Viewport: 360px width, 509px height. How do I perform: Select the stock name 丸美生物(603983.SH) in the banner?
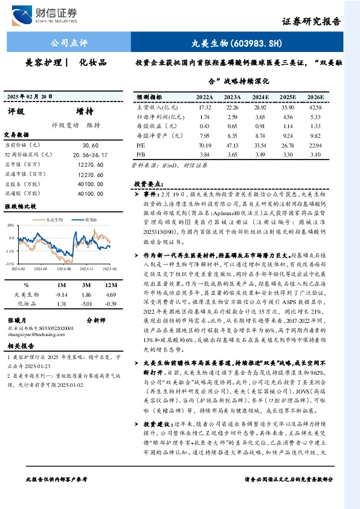pyautogui.click(x=228, y=44)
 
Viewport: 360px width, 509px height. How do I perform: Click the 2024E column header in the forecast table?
pyautogui.click(x=262, y=97)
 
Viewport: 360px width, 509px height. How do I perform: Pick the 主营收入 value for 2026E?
pyautogui.click(x=314, y=107)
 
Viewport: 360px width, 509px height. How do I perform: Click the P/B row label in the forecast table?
pyautogui.click(x=142, y=155)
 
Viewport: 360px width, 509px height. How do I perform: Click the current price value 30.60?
pyautogui.click(x=90, y=146)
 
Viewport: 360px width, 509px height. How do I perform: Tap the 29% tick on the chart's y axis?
pyautogui.click(x=10, y=225)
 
